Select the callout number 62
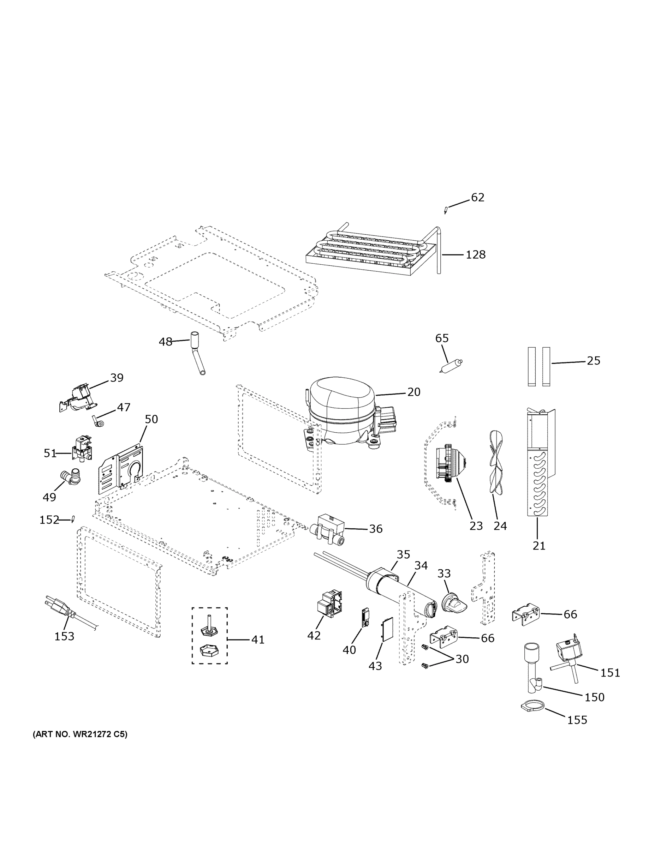[x=478, y=198]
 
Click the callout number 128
[x=476, y=255]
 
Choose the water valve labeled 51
[x=82, y=450]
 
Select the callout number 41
[x=258, y=640]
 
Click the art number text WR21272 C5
[x=80, y=734]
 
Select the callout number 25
[x=593, y=361]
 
